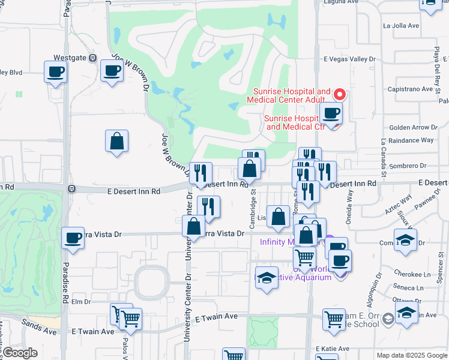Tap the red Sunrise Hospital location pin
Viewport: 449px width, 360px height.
[339, 95]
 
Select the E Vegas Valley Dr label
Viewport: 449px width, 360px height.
[349, 59]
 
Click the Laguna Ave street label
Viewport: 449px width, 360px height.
[340, 2]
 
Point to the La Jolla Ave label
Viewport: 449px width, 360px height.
[400, 26]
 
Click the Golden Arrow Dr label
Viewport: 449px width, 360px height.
[413, 127]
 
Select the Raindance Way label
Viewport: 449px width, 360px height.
[411, 140]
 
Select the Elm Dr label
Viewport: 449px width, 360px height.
[80, 301]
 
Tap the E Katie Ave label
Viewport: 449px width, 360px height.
[333, 349]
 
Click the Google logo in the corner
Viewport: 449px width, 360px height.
[20, 353]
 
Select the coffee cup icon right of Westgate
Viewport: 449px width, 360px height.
[112, 71]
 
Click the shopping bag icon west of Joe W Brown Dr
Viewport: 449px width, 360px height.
[117, 142]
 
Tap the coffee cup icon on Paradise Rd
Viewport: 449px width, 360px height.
[73, 238]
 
